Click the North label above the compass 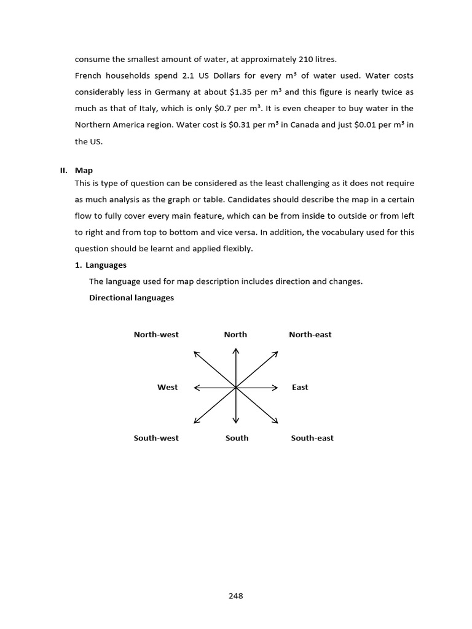[235, 335]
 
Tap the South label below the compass [237, 438]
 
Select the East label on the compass [300, 388]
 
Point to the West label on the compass [167, 388]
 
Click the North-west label [156, 335]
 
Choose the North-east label [310, 335]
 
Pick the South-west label [156, 438]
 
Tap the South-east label [312, 438]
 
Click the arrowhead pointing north [236, 350]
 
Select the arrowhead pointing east [277, 388]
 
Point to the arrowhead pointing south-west [195, 421]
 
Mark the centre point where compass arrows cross [236, 388]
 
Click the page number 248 [235, 596]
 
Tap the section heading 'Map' [84, 170]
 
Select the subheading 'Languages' [106, 265]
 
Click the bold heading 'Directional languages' [132, 298]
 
